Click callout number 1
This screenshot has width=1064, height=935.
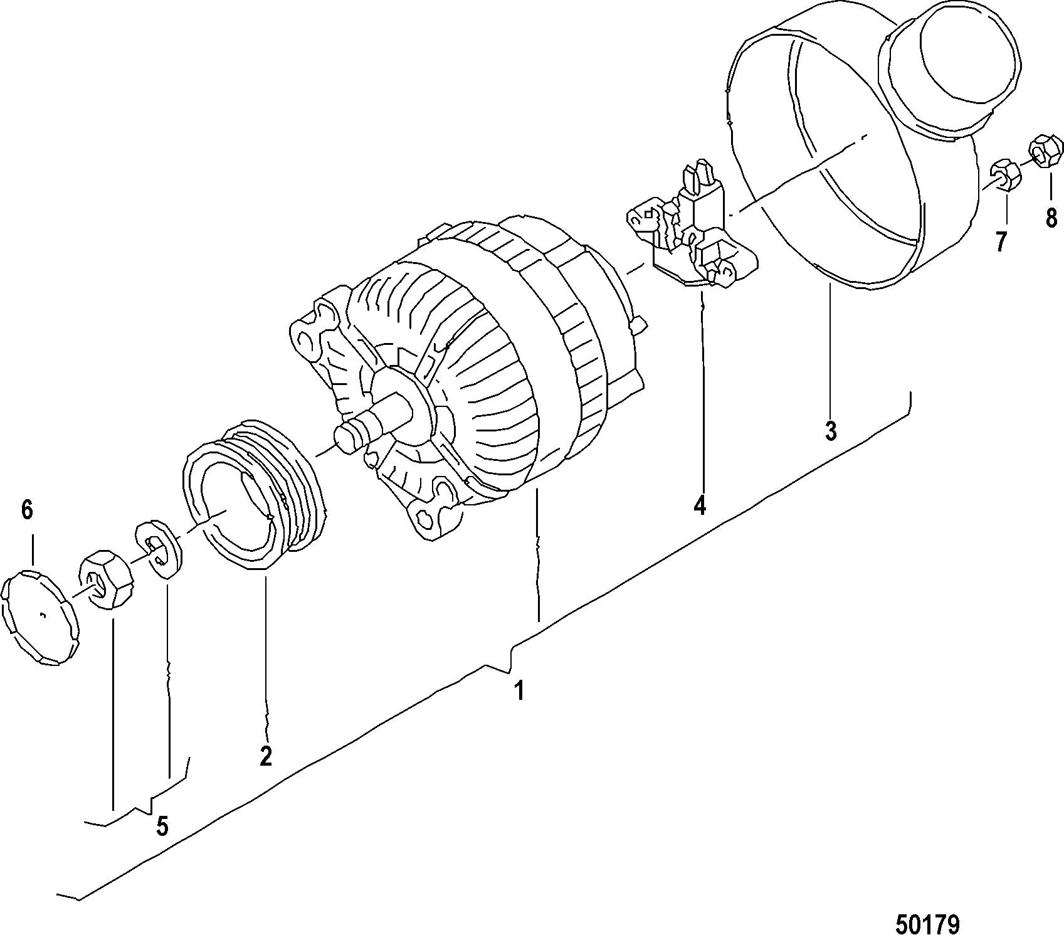pyautogui.click(x=519, y=691)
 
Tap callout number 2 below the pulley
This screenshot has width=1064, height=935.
pyautogui.click(x=266, y=756)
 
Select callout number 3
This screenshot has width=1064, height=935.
pyautogui.click(x=830, y=431)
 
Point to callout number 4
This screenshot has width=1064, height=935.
pyautogui.click(x=700, y=505)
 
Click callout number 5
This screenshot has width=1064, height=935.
pyautogui.click(x=162, y=826)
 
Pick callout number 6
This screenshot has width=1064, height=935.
pyautogui.click(x=26, y=510)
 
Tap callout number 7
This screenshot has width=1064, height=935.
pyautogui.click(x=1001, y=241)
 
